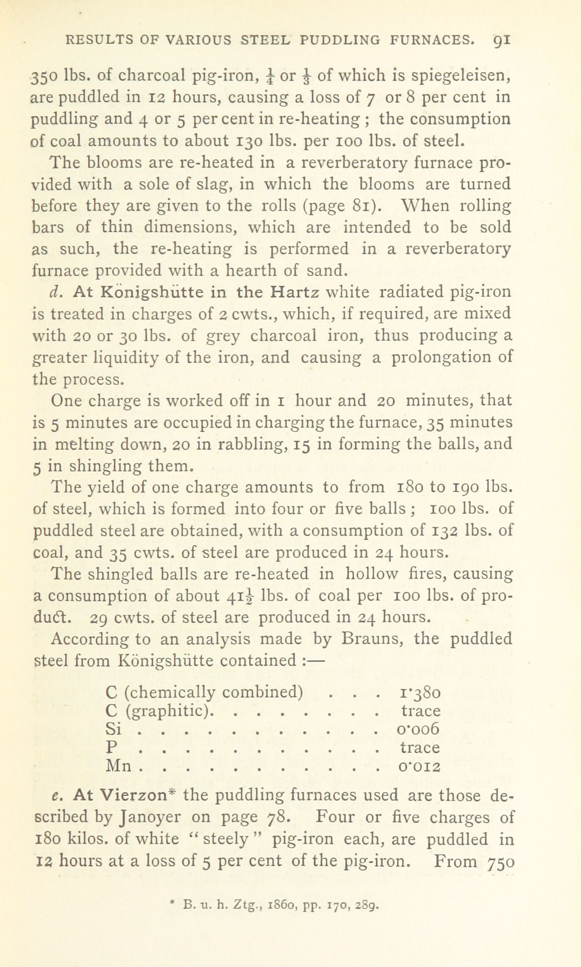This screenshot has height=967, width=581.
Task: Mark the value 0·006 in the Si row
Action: [x=418, y=729]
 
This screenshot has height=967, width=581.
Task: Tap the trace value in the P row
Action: [x=420, y=747]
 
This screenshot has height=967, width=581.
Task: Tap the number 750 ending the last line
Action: [x=501, y=862]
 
